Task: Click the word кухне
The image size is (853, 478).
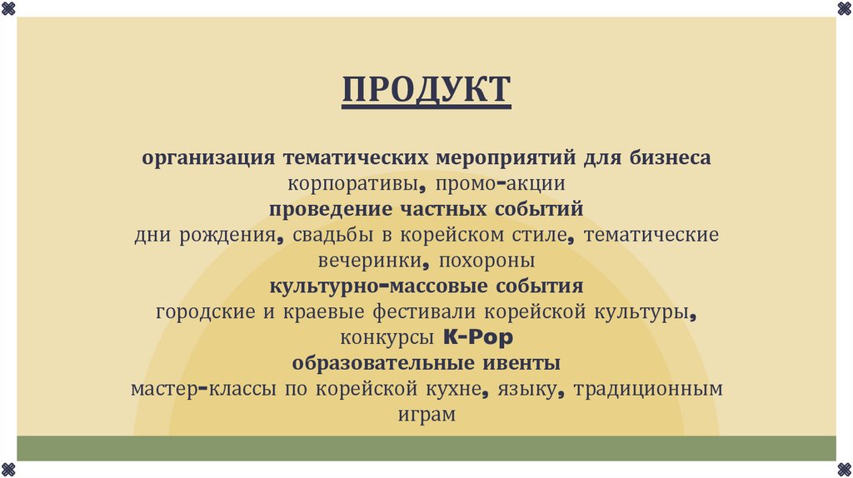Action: coord(451,390)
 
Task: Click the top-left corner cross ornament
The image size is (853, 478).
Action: coord(7,7)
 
